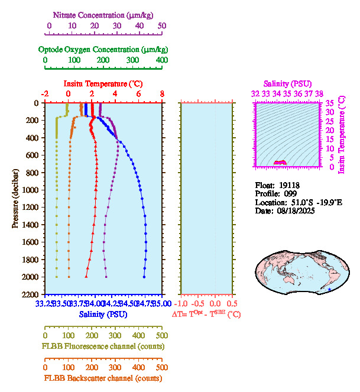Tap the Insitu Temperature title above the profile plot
click(x=103, y=83)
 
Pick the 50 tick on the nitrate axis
click(x=162, y=26)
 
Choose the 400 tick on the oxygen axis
click(x=161, y=60)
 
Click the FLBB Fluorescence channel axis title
click(x=103, y=346)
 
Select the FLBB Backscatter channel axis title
click(x=103, y=378)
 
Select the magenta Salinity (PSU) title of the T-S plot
click(x=287, y=84)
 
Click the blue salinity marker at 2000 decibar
click(x=144, y=277)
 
